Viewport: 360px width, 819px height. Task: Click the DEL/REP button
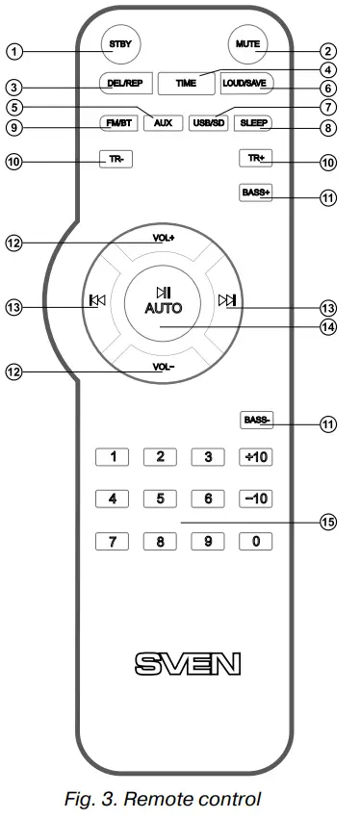coord(120,83)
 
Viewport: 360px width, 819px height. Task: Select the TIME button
coord(185,84)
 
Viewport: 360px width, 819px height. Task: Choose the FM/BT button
coord(119,123)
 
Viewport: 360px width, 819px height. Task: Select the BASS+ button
coord(255,192)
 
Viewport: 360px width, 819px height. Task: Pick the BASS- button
coord(256,421)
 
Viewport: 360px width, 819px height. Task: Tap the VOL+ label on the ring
coord(163,237)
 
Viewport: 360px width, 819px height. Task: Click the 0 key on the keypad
coord(255,540)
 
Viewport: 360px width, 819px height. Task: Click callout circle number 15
coord(328,523)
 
